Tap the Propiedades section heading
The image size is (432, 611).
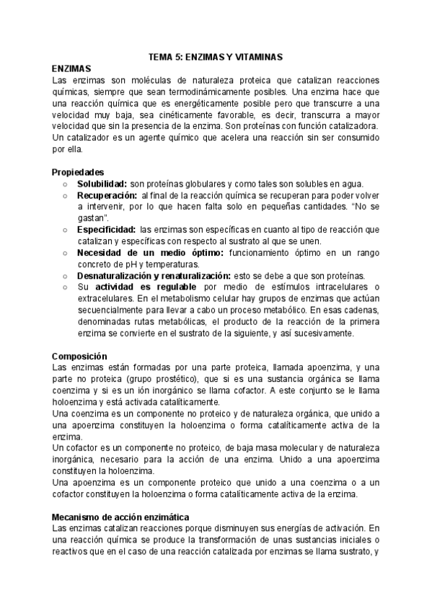coord(78,172)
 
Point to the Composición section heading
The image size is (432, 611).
coord(80,356)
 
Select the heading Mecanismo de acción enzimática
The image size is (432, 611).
coord(121,517)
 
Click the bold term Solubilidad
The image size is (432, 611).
coord(102,184)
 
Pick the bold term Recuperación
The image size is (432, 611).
coord(107,195)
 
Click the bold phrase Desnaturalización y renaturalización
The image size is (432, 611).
coord(154,276)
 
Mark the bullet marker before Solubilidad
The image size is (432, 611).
coord(65,184)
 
